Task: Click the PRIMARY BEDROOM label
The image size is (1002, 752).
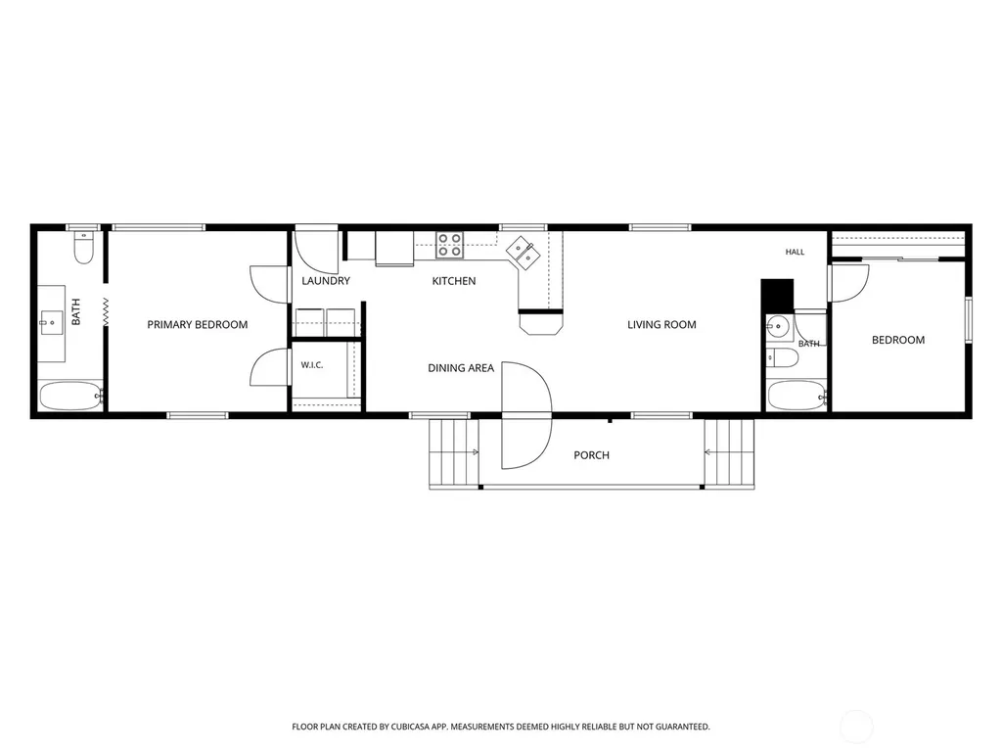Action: (198, 325)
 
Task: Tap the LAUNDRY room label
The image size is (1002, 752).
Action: (326, 281)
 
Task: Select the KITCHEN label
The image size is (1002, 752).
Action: (454, 281)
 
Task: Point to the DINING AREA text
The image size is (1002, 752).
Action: (461, 368)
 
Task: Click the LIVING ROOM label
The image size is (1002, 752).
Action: (661, 325)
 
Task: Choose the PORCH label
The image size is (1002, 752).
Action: (591, 455)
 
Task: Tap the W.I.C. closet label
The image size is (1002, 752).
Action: (312, 365)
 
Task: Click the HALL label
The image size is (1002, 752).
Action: (795, 252)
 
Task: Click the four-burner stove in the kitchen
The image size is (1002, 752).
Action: (449, 245)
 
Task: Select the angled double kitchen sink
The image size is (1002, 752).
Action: (524, 253)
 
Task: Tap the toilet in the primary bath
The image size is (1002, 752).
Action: (84, 248)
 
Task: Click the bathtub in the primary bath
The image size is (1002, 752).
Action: (70, 396)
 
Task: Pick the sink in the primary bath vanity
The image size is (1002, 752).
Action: (51, 319)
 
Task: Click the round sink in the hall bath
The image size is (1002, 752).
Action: (778, 327)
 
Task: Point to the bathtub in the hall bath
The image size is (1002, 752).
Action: (797, 396)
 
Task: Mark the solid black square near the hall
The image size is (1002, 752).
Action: (777, 295)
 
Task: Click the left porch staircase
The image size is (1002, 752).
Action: (454, 453)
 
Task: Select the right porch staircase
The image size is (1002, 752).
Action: (729, 453)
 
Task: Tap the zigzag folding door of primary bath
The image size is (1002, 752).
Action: (106, 313)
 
